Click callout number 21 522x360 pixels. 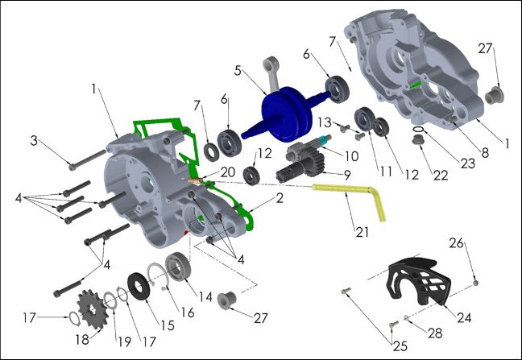tap(362, 232)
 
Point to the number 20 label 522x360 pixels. tap(226, 172)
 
